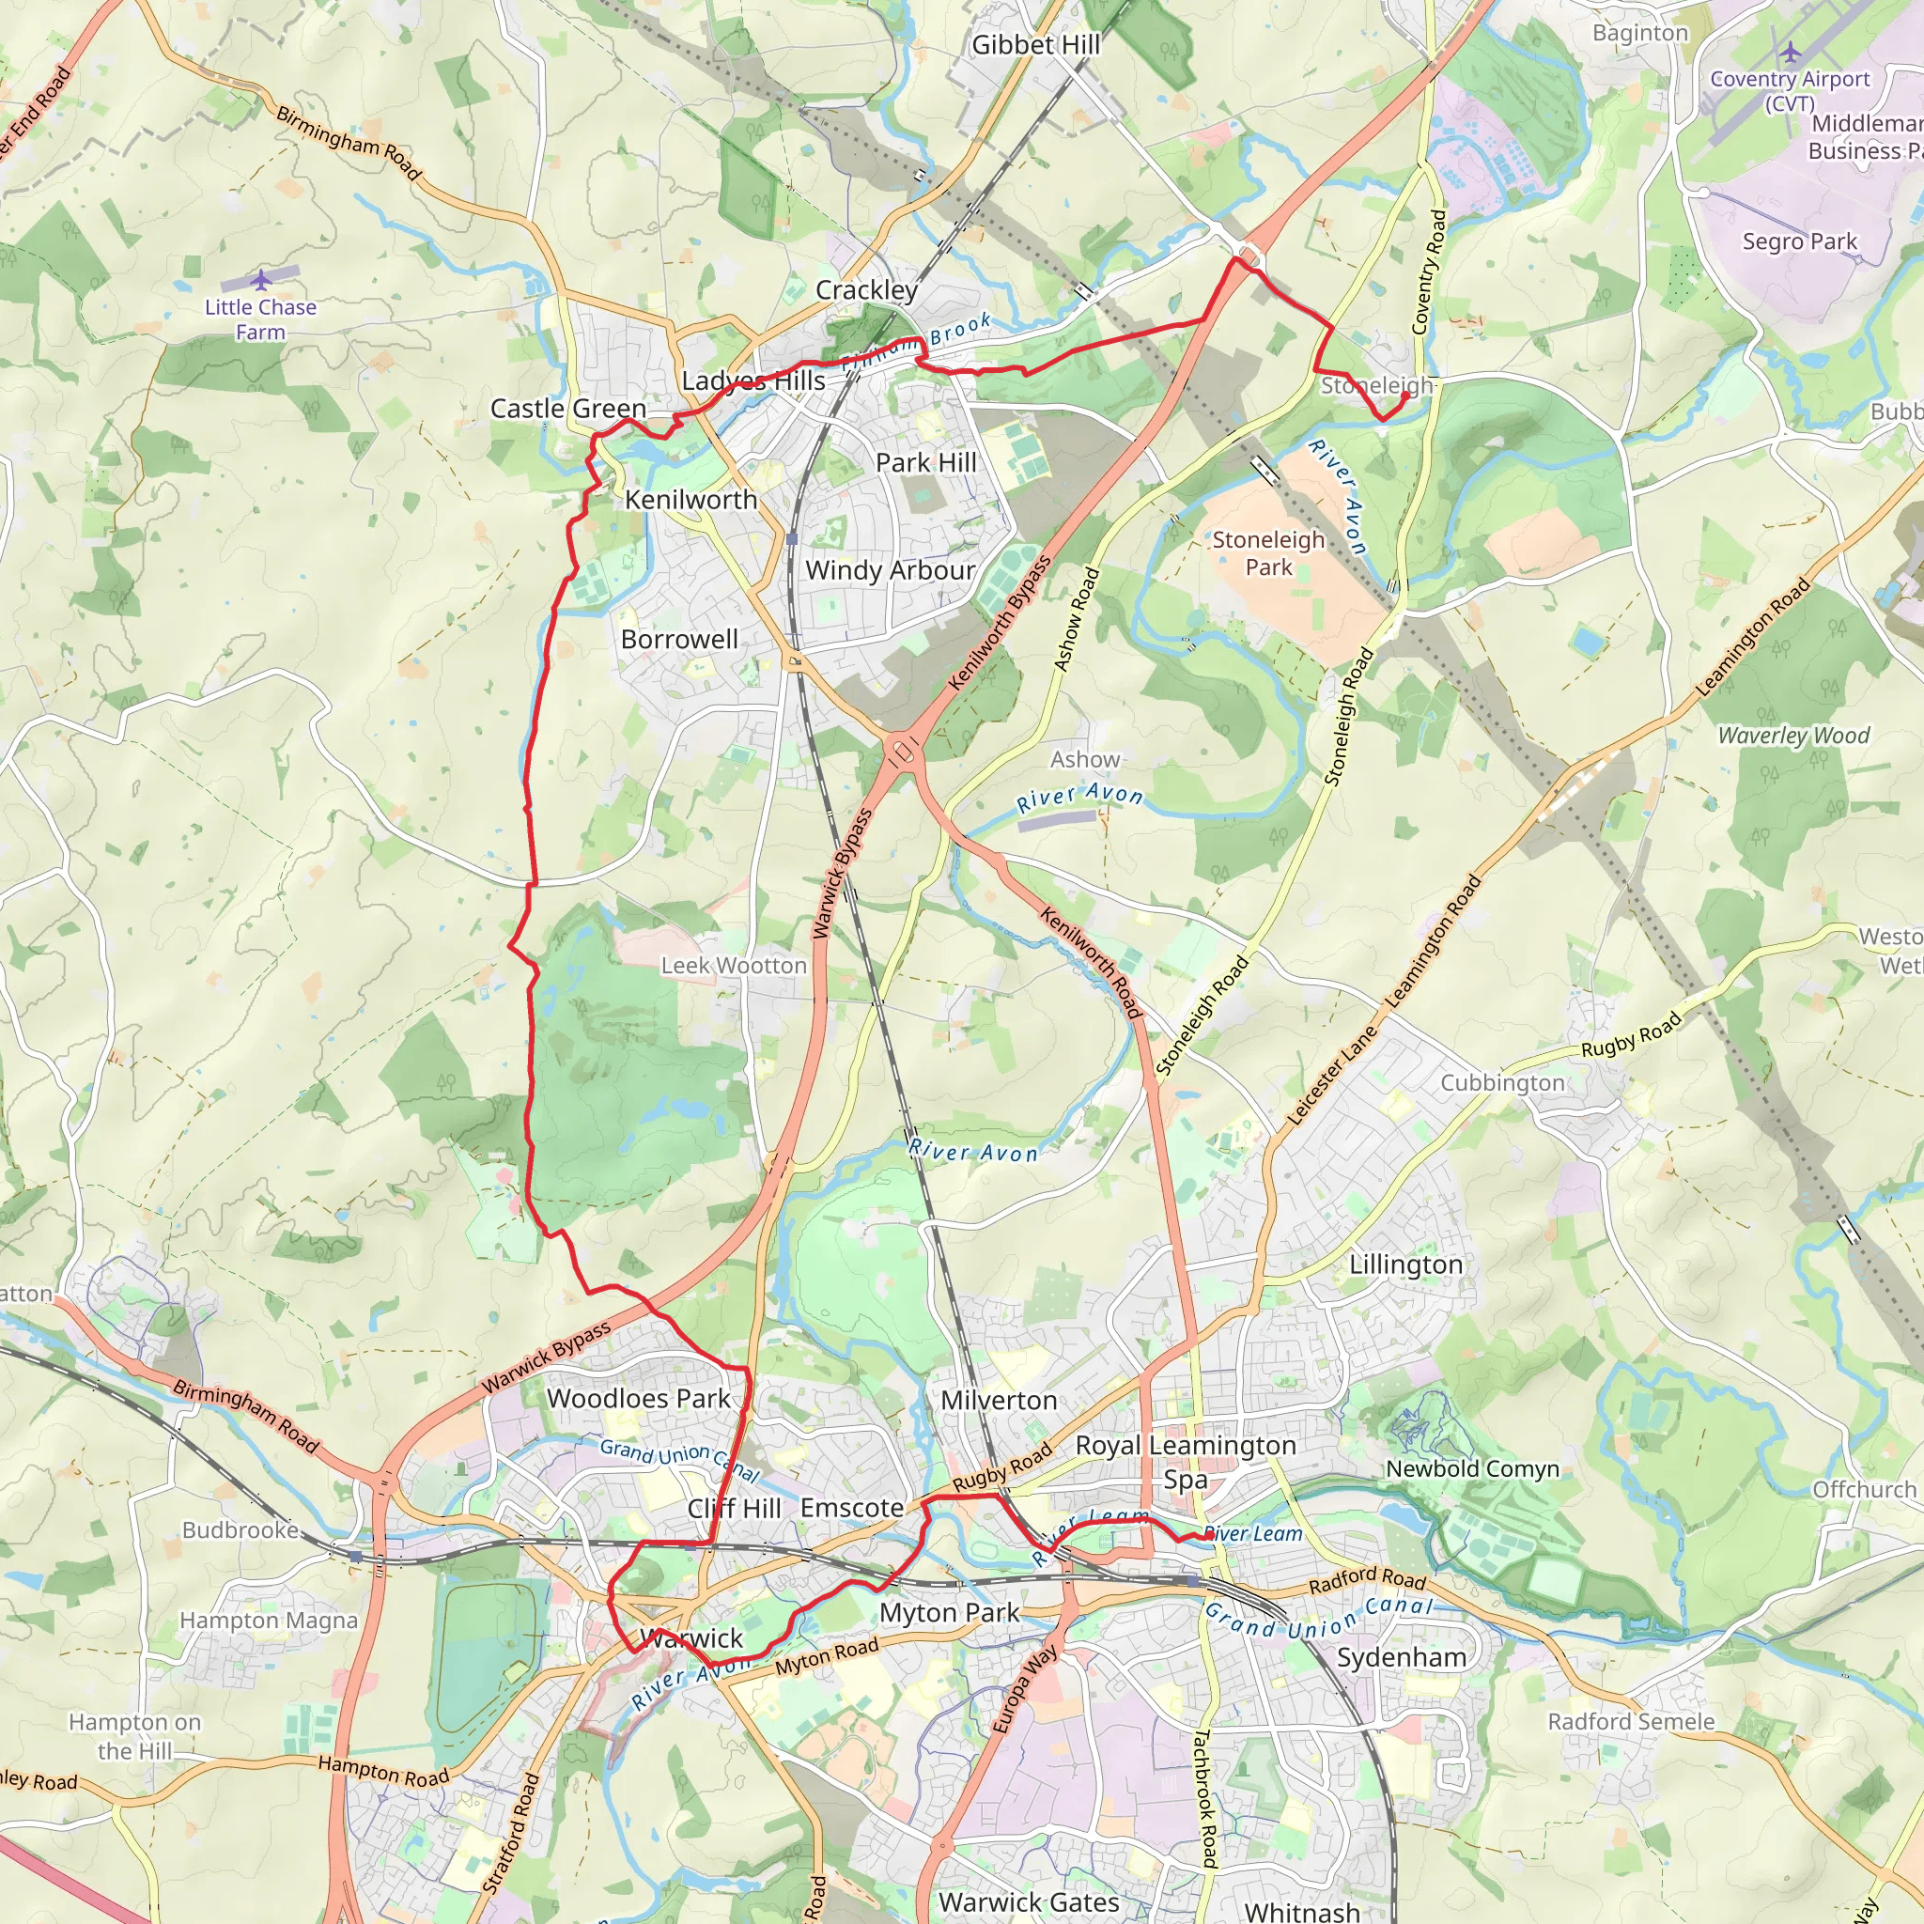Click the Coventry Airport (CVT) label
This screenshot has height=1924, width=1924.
(1790, 90)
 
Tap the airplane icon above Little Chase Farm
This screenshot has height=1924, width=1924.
(261, 280)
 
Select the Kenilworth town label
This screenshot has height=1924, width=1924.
(691, 500)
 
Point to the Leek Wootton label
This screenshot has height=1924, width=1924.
(734, 965)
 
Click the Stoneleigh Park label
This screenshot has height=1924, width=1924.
(1267, 553)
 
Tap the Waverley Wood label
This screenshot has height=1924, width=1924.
(1793, 736)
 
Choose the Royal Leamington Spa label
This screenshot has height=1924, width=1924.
(1185, 1462)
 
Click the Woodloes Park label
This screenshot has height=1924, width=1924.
(638, 1398)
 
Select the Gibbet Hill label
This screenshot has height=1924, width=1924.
(1035, 45)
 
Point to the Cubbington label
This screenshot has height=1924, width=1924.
(1502, 1082)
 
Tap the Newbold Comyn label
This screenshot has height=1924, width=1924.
(1472, 1469)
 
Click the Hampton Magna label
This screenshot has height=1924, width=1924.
(268, 1621)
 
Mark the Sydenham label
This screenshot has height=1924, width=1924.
(1401, 1657)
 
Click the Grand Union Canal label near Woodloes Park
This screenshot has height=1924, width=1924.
(679, 1461)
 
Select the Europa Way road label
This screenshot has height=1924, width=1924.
(1025, 1690)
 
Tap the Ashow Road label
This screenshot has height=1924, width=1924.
(1077, 619)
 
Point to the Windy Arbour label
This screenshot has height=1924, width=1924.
(890, 570)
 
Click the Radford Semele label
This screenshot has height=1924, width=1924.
(1630, 1722)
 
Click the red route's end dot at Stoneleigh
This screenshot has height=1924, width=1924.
(1405, 396)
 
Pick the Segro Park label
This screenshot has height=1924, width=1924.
(1798, 241)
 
